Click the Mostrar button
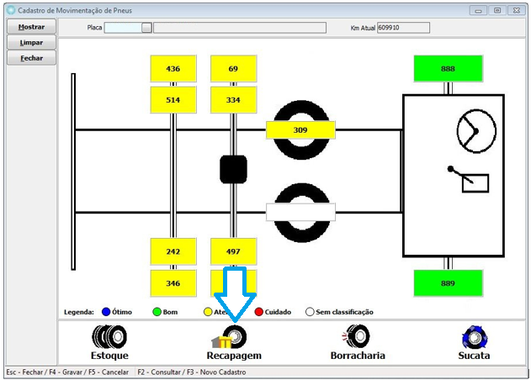pyautogui.click(x=32, y=27)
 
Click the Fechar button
pyautogui.click(x=32, y=58)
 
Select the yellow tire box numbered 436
pyautogui.click(x=173, y=69)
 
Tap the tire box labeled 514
pyautogui.click(x=173, y=99)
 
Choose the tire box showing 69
pyautogui.click(x=233, y=69)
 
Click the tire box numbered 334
pyautogui.click(x=233, y=99)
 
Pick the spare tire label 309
pyautogui.click(x=300, y=130)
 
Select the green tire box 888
pyautogui.click(x=448, y=69)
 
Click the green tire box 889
pyautogui.click(x=448, y=283)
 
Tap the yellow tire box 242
pyautogui.click(x=173, y=251)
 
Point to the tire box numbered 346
pyautogui.click(x=173, y=283)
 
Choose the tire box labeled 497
pyautogui.click(x=233, y=251)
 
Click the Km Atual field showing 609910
pyautogui.click(x=403, y=28)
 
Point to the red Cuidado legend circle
pyautogui.click(x=259, y=312)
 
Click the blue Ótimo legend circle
pyautogui.click(x=106, y=312)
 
